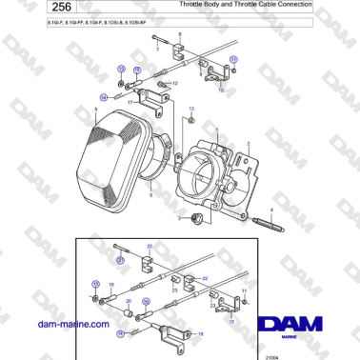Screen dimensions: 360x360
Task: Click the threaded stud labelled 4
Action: [272, 225]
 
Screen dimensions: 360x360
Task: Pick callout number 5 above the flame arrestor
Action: [96, 109]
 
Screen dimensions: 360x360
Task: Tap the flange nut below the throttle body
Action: [195, 219]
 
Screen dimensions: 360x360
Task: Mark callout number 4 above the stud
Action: [270, 209]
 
